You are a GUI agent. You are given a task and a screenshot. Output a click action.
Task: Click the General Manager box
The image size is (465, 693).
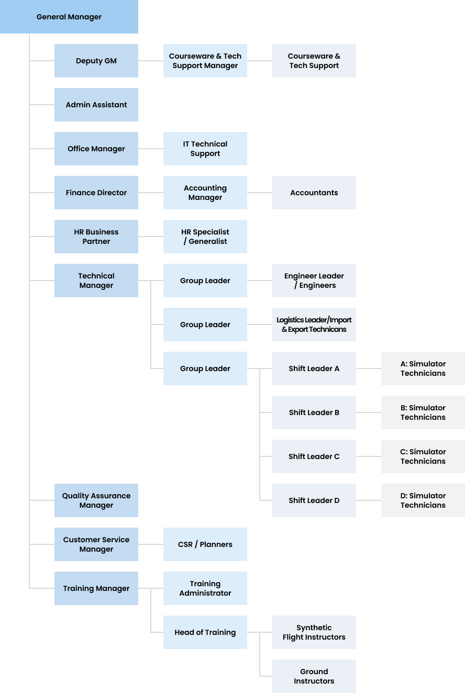pos(69,17)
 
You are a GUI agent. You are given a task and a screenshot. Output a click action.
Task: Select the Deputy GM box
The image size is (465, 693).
pos(96,61)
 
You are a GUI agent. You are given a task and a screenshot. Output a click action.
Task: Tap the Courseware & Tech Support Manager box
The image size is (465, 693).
pos(205,61)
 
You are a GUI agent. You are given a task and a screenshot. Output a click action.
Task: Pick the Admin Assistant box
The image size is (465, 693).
pos(96,105)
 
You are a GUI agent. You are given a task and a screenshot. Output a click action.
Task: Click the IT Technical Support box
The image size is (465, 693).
pos(205,149)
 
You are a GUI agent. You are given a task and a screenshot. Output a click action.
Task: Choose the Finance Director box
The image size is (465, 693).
pos(96,193)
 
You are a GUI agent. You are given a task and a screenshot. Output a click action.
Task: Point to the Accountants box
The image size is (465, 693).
pos(314,193)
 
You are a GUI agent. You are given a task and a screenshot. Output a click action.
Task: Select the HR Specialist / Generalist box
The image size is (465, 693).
pos(205,237)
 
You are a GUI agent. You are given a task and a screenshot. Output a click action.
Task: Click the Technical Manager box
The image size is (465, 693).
pos(96,281)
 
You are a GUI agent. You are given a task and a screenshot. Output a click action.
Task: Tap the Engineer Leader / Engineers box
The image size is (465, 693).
pos(314,281)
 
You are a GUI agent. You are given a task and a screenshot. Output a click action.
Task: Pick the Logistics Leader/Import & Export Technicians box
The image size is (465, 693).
pos(314,325)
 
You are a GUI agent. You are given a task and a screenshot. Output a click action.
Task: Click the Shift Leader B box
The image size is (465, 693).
pos(314,412)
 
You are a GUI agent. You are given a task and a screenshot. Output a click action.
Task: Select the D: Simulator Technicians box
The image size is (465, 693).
pos(423,500)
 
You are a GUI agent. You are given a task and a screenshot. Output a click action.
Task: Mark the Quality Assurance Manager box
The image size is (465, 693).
pos(96,500)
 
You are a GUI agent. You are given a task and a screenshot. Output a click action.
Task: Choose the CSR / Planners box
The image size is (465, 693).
pos(205,544)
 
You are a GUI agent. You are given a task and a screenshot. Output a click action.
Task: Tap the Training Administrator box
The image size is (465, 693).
pos(205,588)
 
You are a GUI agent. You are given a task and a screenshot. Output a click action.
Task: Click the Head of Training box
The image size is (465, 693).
pos(205,632)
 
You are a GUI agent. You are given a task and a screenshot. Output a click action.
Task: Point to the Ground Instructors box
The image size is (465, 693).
pos(314,676)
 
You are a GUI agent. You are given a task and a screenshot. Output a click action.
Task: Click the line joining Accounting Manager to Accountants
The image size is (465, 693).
pos(260,193)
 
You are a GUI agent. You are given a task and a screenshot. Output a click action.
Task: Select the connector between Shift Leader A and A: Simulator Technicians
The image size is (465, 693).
pos(369,368)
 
